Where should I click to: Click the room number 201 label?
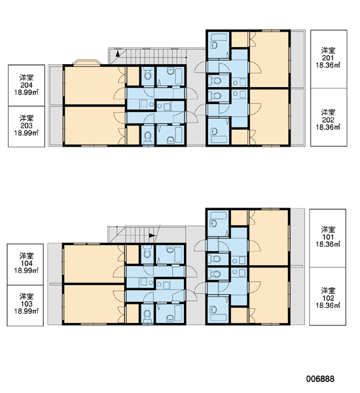[328, 58]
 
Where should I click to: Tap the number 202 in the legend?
[328, 120]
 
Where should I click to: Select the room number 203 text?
[26, 126]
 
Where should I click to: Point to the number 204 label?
[26, 85]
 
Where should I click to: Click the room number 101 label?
[328, 237]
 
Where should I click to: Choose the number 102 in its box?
[328, 298]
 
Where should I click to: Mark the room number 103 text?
[26, 304]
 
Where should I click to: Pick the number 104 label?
[26, 263]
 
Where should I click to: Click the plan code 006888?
[320, 379]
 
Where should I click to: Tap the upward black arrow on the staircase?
[117, 54]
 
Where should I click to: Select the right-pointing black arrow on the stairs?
[152, 236]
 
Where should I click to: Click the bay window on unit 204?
[86, 62]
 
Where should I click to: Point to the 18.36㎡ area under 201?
[328, 65]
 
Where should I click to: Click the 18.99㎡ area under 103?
[26, 311]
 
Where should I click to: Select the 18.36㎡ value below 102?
[328, 305]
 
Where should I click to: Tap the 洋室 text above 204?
[26, 77]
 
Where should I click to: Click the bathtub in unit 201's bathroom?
[219, 38]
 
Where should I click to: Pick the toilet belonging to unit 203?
[148, 137]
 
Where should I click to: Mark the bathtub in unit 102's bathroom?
[219, 317]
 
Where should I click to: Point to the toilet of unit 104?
[147, 253]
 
